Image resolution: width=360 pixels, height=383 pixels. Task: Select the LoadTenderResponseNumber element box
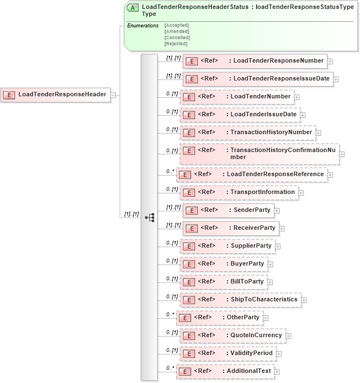pyautogui.click(x=254, y=61)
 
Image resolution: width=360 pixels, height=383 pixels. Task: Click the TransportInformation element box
pyautogui.click(x=239, y=192)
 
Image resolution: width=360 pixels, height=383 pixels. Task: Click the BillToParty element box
pyautogui.click(x=224, y=282)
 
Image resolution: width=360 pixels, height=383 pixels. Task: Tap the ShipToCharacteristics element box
pyautogui.click(x=240, y=300)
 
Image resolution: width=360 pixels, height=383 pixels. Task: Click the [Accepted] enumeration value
pyautogui.click(x=177, y=26)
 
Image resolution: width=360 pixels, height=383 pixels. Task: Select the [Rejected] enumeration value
pyautogui.click(x=177, y=44)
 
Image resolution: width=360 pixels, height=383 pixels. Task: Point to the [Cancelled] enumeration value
pyautogui.click(x=177, y=37)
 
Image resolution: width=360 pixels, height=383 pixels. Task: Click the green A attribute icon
pyautogui.click(x=133, y=8)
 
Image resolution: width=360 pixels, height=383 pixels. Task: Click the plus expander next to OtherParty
pyautogui.click(x=267, y=318)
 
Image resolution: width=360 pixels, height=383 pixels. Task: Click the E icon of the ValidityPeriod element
pyautogui.click(x=189, y=353)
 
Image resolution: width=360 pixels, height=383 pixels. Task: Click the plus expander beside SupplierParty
pyautogui.click(x=278, y=247)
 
